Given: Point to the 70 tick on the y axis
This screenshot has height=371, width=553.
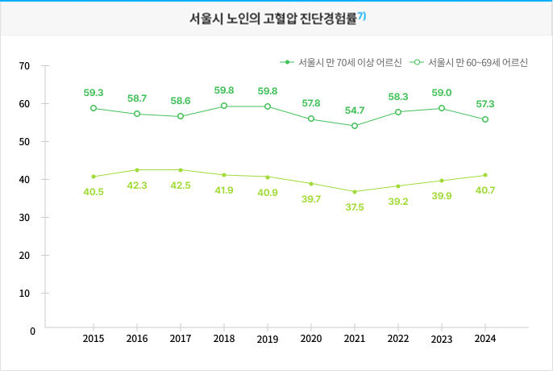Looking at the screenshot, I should click(x=24, y=65).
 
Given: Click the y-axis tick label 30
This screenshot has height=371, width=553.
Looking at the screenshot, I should click(x=24, y=217).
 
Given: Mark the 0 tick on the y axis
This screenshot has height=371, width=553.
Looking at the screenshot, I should click(x=32, y=331).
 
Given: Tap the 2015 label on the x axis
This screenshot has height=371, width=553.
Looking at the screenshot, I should click(x=94, y=339).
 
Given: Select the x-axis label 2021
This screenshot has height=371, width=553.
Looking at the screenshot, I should click(x=354, y=339).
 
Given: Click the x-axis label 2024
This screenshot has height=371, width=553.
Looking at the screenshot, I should click(x=484, y=339).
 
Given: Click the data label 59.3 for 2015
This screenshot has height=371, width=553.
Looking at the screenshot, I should click(x=94, y=93).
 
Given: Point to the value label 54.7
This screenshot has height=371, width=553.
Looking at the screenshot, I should click(x=354, y=110).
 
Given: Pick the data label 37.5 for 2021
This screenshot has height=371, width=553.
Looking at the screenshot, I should click(x=354, y=207).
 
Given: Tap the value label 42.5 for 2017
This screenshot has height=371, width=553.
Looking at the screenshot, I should click(x=181, y=185).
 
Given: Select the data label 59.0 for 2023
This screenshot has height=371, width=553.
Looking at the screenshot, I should click(x=441, y=93).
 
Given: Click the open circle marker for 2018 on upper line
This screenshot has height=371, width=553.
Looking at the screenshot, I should click(x=224, y=106).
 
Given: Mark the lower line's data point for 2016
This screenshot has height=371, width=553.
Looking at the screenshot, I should click(x=137, y=170).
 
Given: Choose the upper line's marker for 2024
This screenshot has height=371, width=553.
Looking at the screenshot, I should click(x=484, y=119).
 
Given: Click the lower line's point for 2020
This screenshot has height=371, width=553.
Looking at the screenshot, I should click(x=311, y=184).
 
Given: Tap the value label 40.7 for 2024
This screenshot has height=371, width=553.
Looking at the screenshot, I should click(x=484, y=190).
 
